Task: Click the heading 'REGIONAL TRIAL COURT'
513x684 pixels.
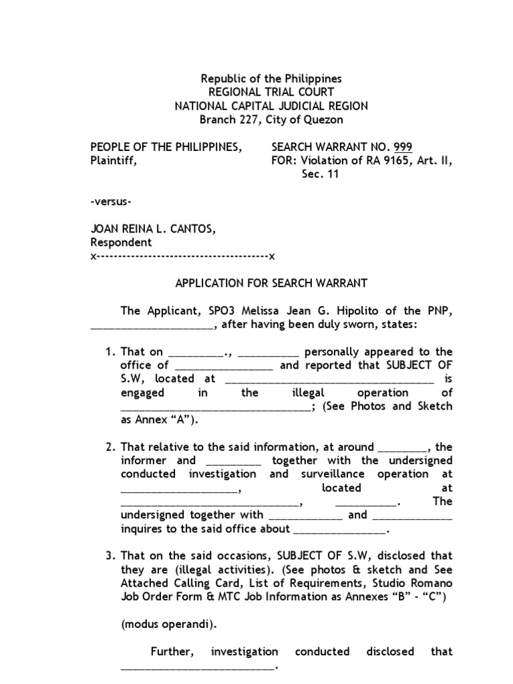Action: (x=271, y=92)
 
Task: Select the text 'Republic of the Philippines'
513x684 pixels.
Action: (x=271, y=78)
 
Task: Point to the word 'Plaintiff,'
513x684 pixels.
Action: (x=114, y=161)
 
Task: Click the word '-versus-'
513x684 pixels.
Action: (x=110, y=202)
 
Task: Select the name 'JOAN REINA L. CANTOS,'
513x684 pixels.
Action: (x=153, y=230)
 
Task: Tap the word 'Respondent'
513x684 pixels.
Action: (x=121, y=243)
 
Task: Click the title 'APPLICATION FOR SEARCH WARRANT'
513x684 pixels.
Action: (x=271, y=283)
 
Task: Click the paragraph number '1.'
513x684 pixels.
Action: (x=111, y=352)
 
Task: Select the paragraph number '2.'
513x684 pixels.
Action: (x=111, y=447)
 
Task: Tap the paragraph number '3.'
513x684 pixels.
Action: (x=111, y=556)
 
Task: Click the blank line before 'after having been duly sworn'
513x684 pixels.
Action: (x=152, y=325)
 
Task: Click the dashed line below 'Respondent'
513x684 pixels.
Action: (x=182, y=256)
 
